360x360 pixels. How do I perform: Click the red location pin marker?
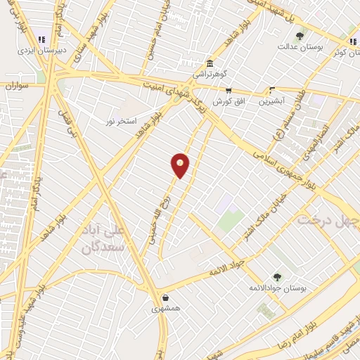point(181,165)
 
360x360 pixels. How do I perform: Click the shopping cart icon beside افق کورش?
point(229,90)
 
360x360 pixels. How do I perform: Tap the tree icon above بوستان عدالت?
point(300,35)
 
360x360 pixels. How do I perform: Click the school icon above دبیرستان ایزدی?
point(41,39)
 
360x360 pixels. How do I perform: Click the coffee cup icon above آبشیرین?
point(272,90)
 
